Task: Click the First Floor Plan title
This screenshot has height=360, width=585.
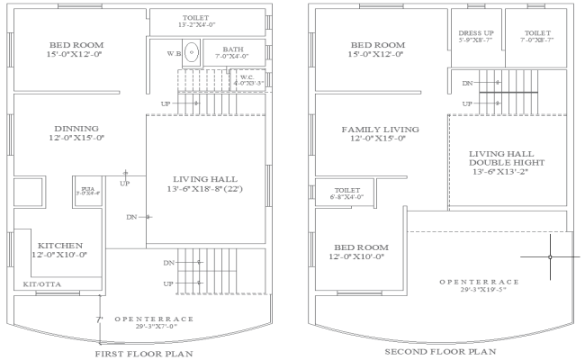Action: point(144,353)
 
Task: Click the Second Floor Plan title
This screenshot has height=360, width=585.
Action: point(439,352)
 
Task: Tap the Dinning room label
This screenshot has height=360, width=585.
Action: point(76,132)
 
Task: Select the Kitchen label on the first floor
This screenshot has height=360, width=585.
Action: point(59,249)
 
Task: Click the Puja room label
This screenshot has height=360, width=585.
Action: point(87,191)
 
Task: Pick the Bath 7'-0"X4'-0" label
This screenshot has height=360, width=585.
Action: point(233,54)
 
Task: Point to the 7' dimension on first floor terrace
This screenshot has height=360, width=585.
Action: point(99,319)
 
